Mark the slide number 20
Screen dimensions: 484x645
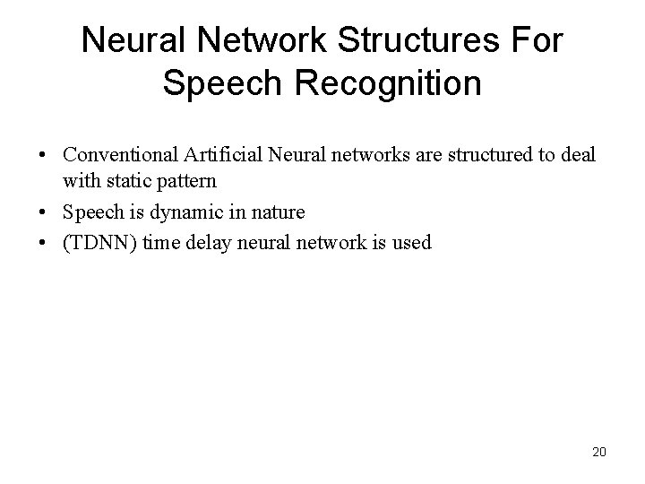[598, 452]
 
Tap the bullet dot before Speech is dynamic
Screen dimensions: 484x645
[43, 213]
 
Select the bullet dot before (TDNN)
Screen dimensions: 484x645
[43, 243]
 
